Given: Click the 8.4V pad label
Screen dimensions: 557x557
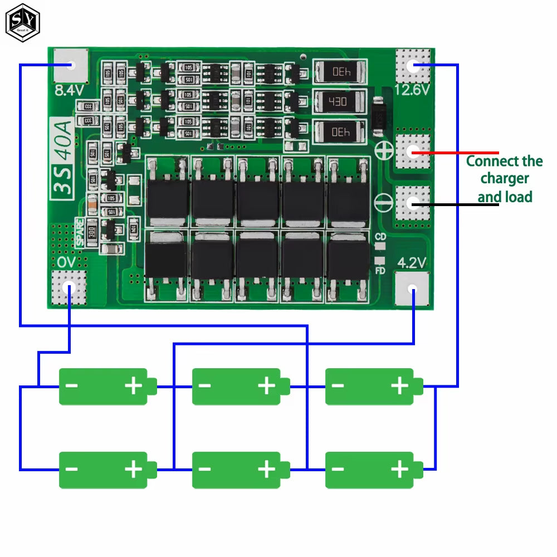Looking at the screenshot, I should (x=69, y=90).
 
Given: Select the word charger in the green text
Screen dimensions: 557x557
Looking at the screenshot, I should (x=505, y=179).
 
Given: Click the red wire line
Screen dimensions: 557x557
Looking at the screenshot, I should (x=457, y=152).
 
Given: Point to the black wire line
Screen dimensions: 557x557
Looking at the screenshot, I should (x=457, y=204).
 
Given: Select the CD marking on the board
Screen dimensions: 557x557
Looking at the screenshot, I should (x=380, y=237).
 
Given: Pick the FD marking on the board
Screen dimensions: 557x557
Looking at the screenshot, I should (x=380, y=271).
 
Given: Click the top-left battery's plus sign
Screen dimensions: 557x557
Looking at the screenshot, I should (x=133, y=386).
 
